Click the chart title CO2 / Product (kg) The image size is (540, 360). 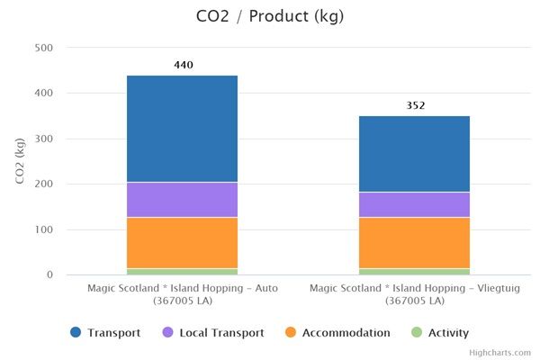click(269, 16)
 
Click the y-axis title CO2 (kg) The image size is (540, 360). click(20, 161)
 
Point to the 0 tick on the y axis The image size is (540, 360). click(50, 274)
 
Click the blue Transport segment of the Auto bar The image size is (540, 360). click(182, 129)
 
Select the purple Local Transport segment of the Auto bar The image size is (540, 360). click(182, 200)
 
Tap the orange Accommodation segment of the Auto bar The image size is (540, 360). click(182, 243)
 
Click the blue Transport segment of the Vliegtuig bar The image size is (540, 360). click(414, 154)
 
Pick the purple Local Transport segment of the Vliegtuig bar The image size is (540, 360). click(414, 205)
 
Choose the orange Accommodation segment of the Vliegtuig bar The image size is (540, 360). click(414, 243)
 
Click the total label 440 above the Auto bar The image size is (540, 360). click(183, 65)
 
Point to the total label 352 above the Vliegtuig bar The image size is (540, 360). click(415, 105)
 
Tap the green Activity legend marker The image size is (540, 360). click(416, 333)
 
